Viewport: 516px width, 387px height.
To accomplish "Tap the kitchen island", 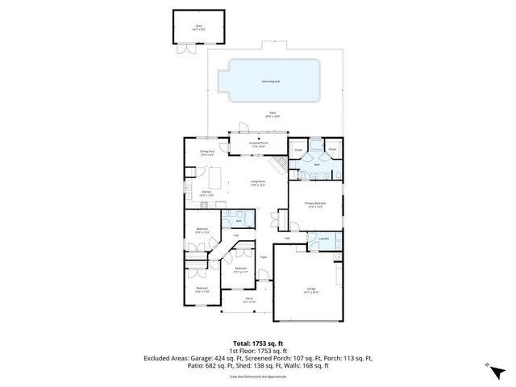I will click(217, 175).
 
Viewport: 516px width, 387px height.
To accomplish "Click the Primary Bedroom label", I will click(314, 205).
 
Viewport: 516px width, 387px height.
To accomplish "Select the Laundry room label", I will click(324, 238).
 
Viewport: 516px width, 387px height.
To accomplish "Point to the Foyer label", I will click(264, 257).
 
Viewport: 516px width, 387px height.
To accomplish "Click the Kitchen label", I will click(206, 192).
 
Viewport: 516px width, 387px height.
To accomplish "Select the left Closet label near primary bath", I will click(298, 150).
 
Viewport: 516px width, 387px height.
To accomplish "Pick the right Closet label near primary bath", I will click(331, 149).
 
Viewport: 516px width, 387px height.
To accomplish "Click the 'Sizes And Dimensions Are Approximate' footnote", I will click(258, 377).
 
